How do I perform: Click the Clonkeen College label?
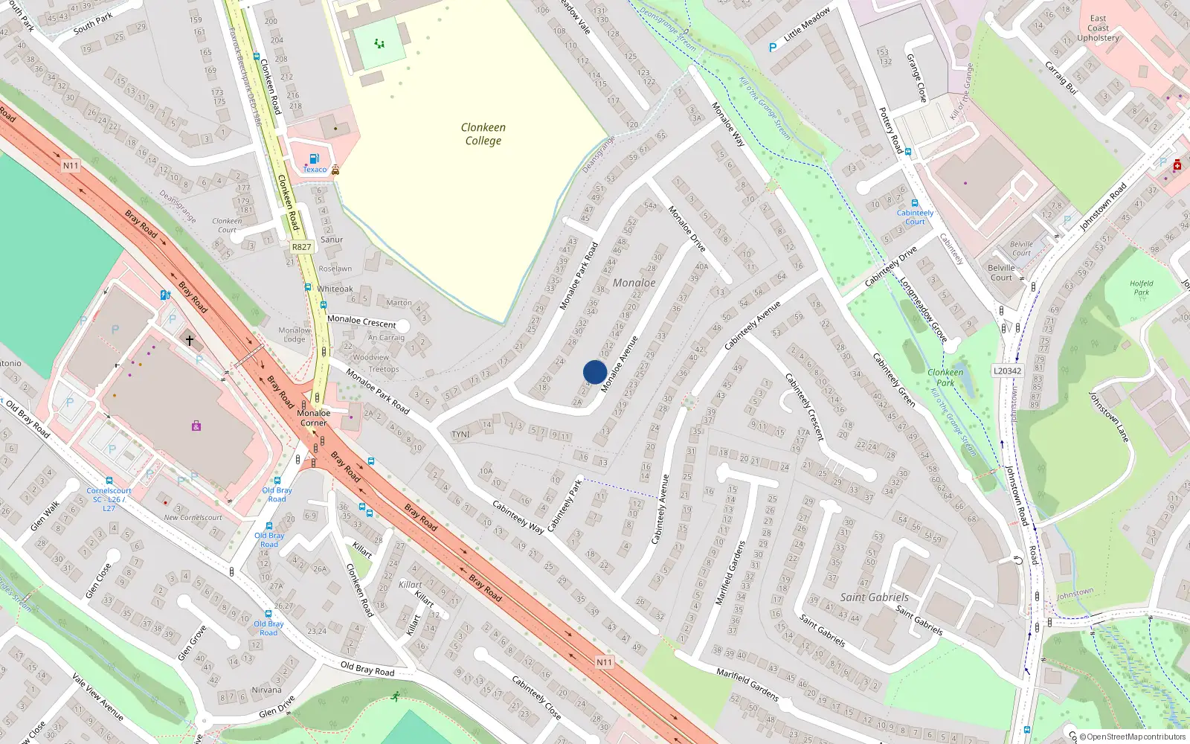[x=483, y=134]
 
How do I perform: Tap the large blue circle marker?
[x=595, y=372]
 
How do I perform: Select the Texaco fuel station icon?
[x=314, y=158]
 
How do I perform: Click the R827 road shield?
[x=301, y=247]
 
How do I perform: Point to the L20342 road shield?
[x=1008, y=371]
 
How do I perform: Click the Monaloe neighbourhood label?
[x=634, y=283]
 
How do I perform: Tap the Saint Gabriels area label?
[x=874, y=597]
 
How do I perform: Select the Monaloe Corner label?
[x=313, y=417]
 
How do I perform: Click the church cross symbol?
[x=190, y=341]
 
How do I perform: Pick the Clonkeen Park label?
[x=945, y=377]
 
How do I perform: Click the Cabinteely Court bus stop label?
[x=915, y=217]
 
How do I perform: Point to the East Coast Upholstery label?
[x=1098, y=28]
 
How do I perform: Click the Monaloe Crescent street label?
[x=361, y=321]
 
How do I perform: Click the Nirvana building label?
[x=266, y=690]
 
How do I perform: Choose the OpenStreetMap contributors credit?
[x=1133, y=737]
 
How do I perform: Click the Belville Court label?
[x=1001, y=272]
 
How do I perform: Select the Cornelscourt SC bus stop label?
[x=109, y=498]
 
